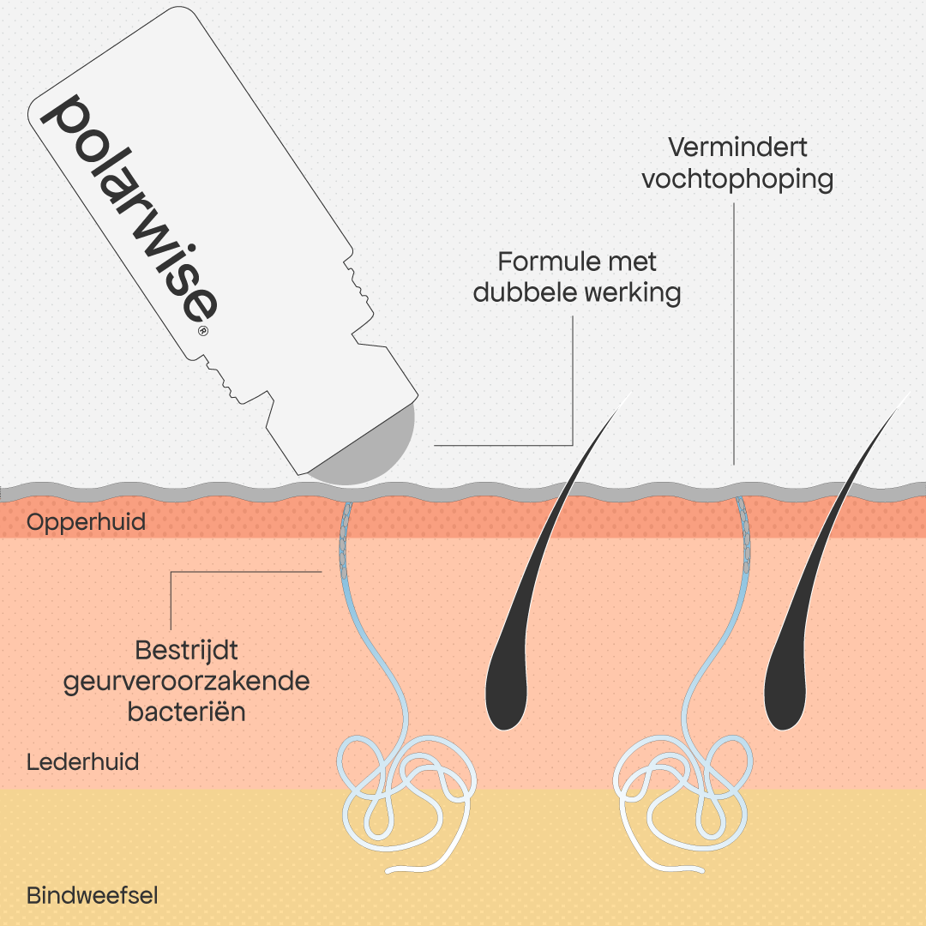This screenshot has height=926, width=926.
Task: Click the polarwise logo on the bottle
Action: tap(129, 210)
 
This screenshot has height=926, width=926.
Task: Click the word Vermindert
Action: tap(737, 147)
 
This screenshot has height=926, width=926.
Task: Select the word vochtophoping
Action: tap(737, 179)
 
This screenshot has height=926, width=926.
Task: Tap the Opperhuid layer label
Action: tap(87, 523)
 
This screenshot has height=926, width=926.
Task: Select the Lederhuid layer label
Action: tap(82, 762)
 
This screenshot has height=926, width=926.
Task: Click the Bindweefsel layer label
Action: tap(92, 896)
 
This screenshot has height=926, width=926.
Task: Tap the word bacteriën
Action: tap(187, 713)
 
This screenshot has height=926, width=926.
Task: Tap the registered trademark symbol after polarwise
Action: tap(202, 330)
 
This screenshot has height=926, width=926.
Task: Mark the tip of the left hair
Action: tap(631, 392)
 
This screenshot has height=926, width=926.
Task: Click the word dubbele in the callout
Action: tap(525, 293)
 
